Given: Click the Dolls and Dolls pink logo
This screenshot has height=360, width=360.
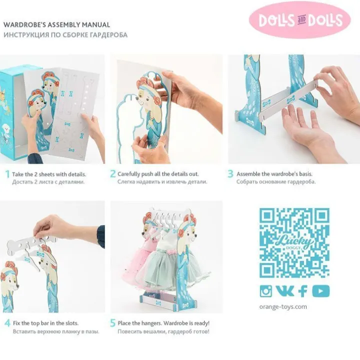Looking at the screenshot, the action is click(299, 19).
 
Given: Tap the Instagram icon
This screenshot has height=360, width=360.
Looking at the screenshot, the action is click(266, 291).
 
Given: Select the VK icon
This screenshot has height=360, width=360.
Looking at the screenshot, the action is click(284, 291).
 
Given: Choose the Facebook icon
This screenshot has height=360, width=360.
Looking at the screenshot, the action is click(303, 291).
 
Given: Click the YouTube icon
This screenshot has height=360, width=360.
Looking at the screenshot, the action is click(320, 291).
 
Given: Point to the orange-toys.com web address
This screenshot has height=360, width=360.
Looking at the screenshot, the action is click(283, 306).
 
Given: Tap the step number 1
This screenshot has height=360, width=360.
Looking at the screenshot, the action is click(7, 174).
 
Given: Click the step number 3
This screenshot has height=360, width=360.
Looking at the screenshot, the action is click(230, 174).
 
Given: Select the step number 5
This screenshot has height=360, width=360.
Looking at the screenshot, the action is click(112, 323).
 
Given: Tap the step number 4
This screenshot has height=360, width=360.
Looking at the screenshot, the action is click(7, 323).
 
